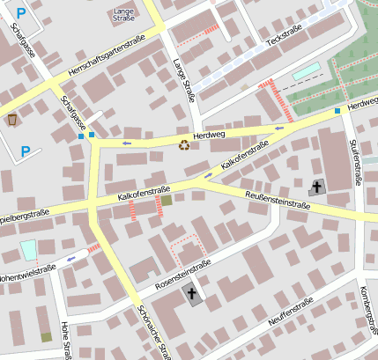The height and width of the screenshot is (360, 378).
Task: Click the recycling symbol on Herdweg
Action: (184, 145)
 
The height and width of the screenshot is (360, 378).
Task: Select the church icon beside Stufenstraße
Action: (316, 187)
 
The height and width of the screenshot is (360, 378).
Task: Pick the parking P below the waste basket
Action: (25, 152)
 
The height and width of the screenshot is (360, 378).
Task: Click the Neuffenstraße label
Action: (291, 315)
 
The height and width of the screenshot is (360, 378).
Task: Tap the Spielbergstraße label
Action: (24, 217)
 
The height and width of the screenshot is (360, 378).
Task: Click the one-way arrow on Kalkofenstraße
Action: (208, 175)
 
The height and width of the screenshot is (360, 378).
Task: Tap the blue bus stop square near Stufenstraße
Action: (337, 111)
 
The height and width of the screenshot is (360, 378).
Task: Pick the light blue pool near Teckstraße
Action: (306, 71)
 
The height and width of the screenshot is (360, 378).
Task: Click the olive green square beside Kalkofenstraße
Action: (167, 201)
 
